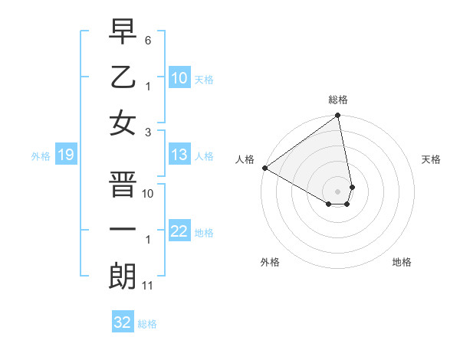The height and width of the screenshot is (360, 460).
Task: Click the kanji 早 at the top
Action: point(123,34)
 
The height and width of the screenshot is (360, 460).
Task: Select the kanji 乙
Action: point(123,77)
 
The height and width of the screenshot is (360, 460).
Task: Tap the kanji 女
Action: point(123,122)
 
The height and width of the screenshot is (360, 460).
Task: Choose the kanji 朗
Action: point(123,276)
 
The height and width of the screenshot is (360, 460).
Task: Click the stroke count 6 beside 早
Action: point(149,39)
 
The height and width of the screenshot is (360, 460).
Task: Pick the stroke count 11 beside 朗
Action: point(148,286)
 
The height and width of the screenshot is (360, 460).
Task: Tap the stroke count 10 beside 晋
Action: point(148,194)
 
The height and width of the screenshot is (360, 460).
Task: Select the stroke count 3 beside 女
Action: point(149,131)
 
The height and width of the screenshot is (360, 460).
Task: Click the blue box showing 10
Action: point(179,78)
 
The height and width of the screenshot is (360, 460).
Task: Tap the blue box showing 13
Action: point(179,155)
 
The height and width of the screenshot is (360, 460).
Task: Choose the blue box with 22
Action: point(179,232)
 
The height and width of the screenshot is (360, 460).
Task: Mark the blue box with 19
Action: point(65,155)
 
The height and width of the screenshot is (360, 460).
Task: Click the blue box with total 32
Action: point(123,322)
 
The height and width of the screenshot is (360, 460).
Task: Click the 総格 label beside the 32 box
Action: point(147,324)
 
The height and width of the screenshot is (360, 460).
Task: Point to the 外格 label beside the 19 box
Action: point(41,156)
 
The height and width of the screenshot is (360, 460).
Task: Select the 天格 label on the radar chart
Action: point(431,159)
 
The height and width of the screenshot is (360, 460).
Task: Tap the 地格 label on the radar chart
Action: point(402,262)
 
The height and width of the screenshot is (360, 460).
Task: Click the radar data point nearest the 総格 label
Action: point(337,116)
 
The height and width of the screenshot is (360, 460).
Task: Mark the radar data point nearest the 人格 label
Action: point(264,167)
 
